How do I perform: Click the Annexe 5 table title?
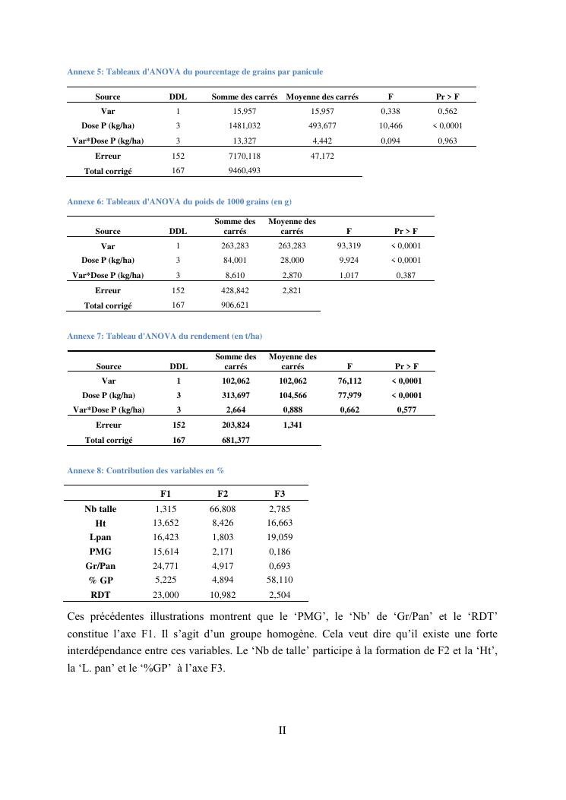click(195, 72)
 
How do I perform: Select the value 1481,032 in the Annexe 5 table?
click(245, 126)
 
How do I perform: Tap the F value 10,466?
click(391, 126)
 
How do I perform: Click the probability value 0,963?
click(447, 141)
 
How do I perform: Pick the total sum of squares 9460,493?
click(245, 171)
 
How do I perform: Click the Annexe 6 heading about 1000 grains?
click(180, 201)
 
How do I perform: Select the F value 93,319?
click(348, 246)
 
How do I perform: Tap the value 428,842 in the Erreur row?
click(235, 290)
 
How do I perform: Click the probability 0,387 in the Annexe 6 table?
click(406, 275)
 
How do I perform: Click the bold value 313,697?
click(236, 395)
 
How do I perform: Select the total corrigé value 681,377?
click(236, 439)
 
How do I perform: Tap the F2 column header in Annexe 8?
click(223, 495)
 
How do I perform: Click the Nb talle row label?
click(100, 509)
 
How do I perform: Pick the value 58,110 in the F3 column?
click(280, 581)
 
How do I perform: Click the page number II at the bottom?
click(282, 731)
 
